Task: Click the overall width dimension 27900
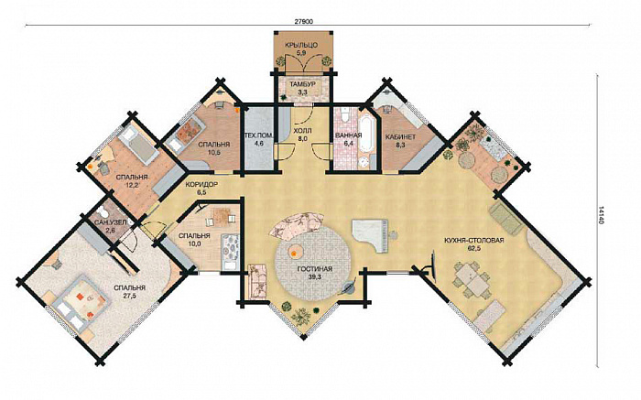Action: (x=303, y=22)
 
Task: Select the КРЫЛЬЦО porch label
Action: (x=301, y=45)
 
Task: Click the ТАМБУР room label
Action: (x=302, y=84)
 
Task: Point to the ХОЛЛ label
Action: (x=302, y=131)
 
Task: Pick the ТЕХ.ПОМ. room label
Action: (x=258, y=136)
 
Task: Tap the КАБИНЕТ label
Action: (x=401, y=137)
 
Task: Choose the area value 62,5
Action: (x=473, y=248)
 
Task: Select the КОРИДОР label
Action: (x=201, y=184)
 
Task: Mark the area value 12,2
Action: (x=132, y=185)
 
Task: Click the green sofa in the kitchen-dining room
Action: (x=505, y=219)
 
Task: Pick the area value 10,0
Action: (x=194, y=243)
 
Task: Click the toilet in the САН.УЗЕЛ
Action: (x=104, y=211)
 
